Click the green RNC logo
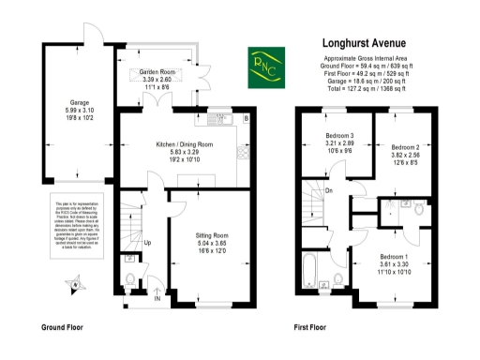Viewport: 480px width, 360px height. (264, 67)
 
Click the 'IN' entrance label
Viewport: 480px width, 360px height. (157, 299)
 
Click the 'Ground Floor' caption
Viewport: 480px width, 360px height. (64, 328)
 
